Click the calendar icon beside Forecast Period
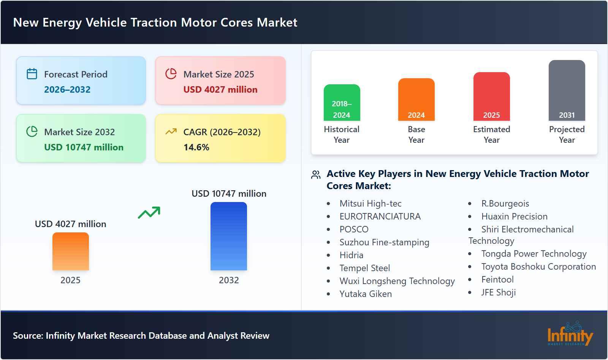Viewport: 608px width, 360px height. (x=32, y=74)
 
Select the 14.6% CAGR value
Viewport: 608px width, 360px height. (x=196, y=147)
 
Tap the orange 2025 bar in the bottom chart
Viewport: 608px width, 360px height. (x=70, y=251)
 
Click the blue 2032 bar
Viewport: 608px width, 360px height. (x=228, y=236)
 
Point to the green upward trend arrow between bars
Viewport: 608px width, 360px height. (x=149, y=213)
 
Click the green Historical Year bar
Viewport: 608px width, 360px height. (x=342, y=103)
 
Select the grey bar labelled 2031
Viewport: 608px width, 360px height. (x=567, y=90)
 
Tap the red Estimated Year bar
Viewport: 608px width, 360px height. (x=491, y=96)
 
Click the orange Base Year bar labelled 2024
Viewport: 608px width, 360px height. (x=416, y=99)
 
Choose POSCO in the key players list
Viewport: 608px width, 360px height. (x=354, y=229)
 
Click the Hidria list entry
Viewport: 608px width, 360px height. (x=351, y=255)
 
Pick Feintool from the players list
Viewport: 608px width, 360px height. (x=497, y=279)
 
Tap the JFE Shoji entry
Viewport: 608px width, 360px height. (x=498, y=292)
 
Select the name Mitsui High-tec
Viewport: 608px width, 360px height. (x=370, y=204)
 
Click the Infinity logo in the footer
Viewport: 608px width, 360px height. (x=570, y=334)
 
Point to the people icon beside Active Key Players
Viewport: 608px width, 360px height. (x=316, y=175)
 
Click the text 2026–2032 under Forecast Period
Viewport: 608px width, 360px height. (x=67, y=90)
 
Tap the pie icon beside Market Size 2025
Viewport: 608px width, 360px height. (x=171, y=74)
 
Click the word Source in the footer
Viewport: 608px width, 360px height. (x=27, y=336)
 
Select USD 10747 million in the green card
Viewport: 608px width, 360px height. (x=84, y=147)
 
